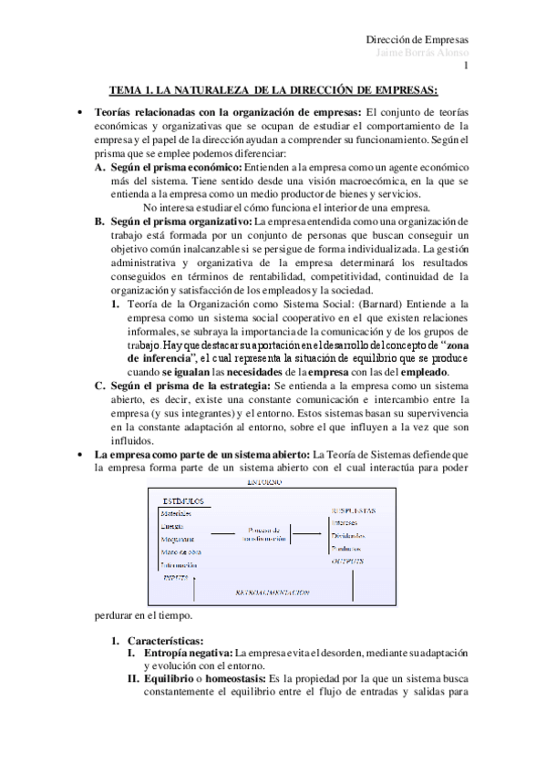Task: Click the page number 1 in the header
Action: [466, 66]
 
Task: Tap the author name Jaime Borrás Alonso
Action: [423, 53]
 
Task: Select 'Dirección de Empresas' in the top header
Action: [417, 40]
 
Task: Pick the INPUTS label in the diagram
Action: [176, 577]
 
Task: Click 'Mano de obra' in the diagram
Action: [182, 551]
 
